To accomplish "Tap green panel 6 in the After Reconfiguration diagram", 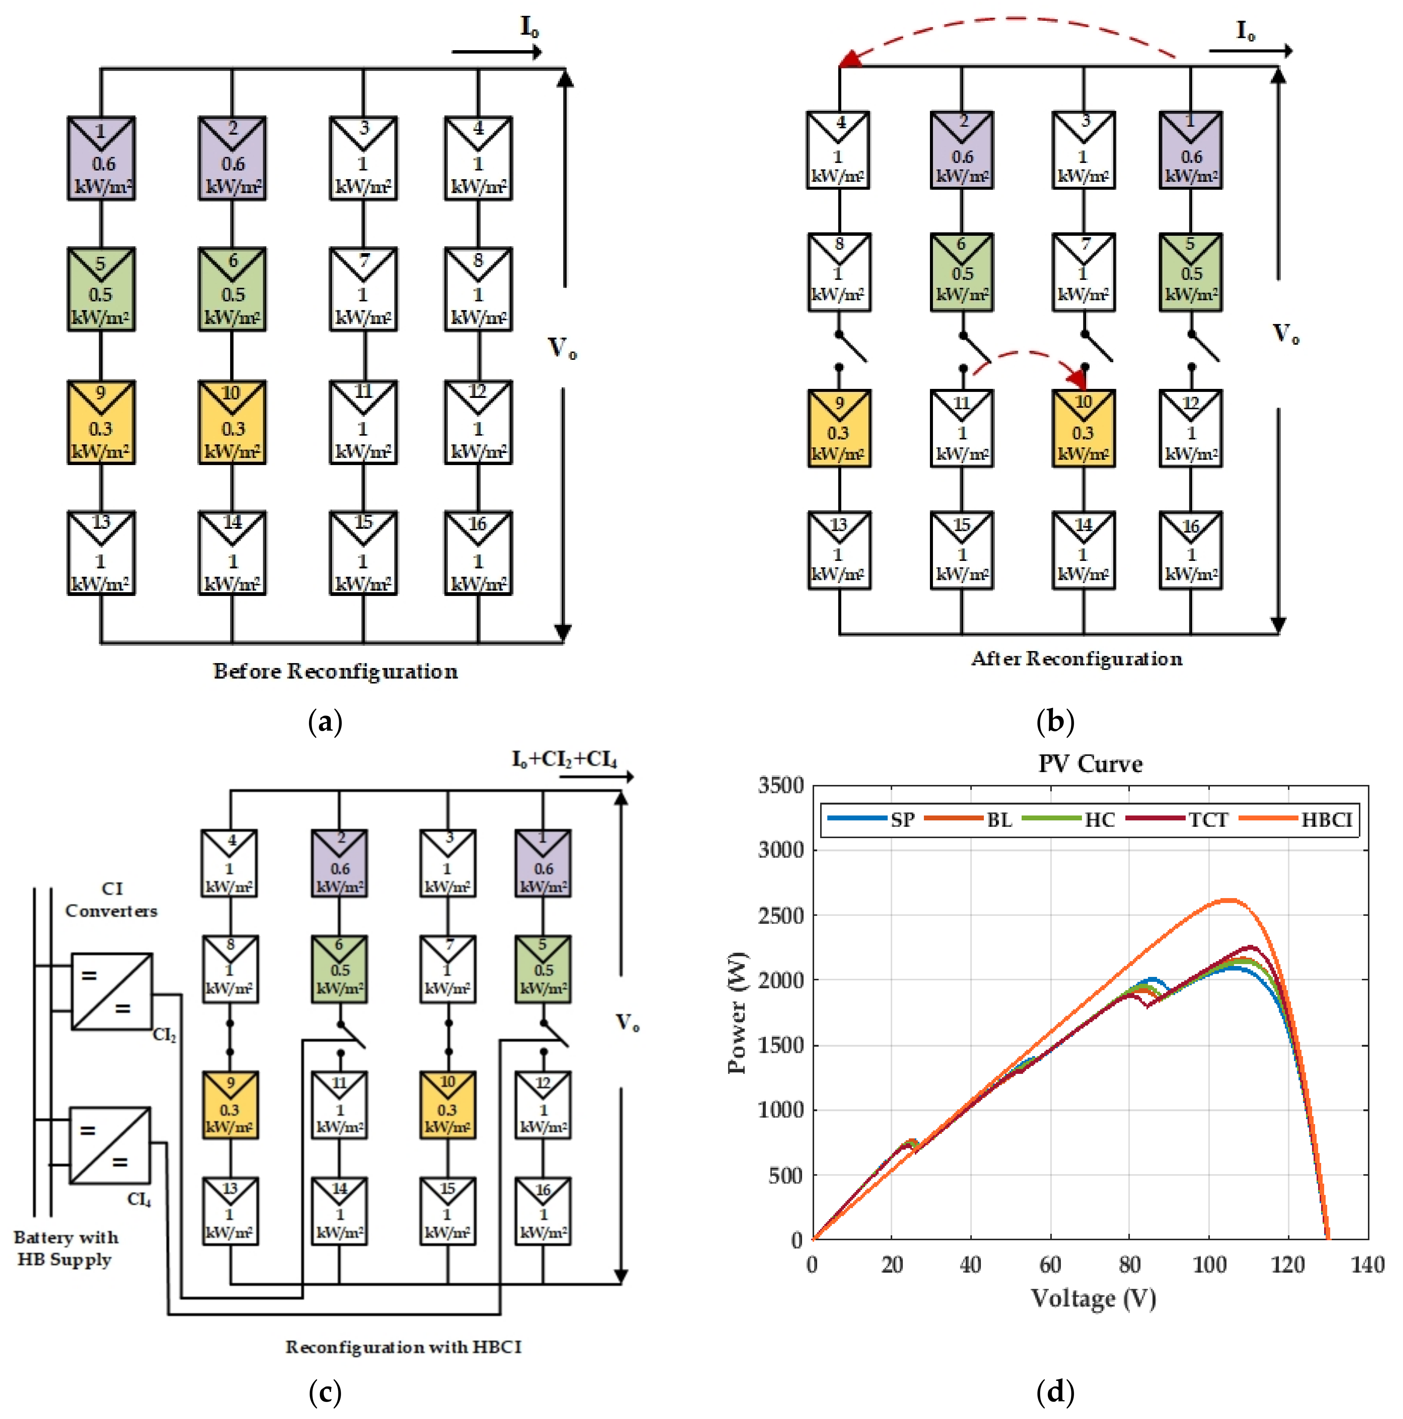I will [x=962, y=272].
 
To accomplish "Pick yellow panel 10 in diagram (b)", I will [x=1083, y=428].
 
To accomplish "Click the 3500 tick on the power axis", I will [x=781, y=785].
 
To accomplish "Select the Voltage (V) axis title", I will [x=1093, y=1298].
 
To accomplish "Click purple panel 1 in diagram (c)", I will [x=543, y=863].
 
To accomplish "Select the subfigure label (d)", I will [x=1055, y=1390].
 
